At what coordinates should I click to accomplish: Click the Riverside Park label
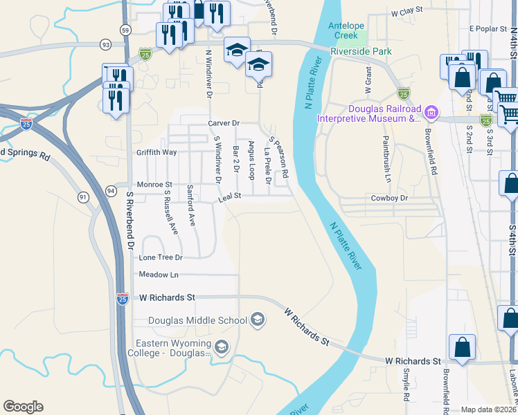[x=361, y=51]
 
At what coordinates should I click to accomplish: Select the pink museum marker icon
[x=431, y=111]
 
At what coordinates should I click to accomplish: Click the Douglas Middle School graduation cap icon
[x=257, y=320]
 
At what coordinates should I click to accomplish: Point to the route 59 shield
[x=125, y=30]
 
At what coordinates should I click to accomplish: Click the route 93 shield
[x=105, y=44]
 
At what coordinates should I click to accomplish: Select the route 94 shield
[x=111, y=190]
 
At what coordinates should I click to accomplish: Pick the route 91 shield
[x=83, y=197]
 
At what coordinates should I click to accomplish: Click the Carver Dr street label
[x=223, y=123]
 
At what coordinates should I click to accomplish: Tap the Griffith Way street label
[x=157, y=152]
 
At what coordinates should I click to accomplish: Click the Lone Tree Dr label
[x=160, y=257]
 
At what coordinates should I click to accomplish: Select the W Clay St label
[x=407, y=12]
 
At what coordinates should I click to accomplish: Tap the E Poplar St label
[x=489, y=29]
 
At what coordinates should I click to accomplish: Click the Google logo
[x=23, y=407]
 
